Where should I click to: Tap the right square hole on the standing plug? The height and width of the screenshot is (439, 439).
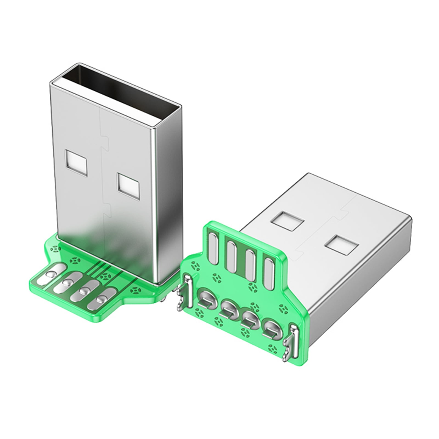click(128, 187)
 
